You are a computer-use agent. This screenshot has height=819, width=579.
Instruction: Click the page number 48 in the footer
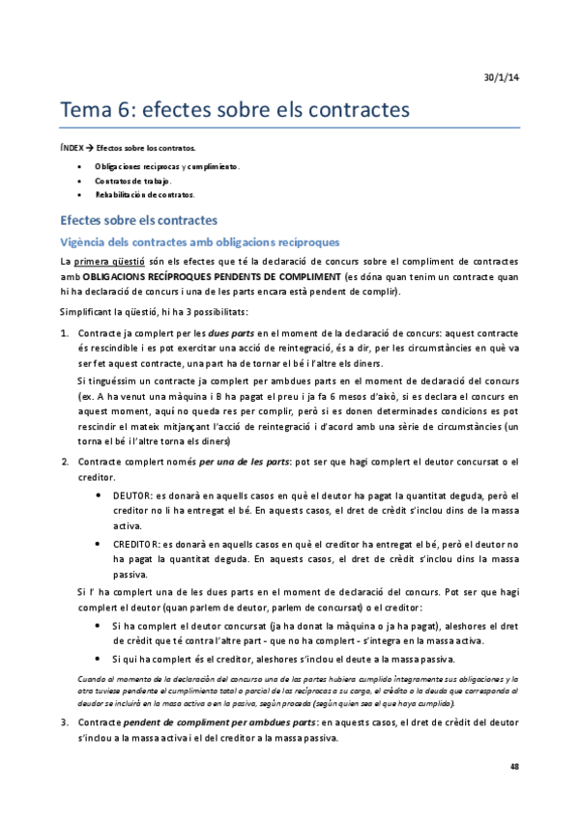tap(513, 766)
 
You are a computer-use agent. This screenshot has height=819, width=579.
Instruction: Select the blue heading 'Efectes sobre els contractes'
tap(138, 220)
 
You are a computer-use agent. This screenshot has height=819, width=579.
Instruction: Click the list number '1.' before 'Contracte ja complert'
tap(65, 333)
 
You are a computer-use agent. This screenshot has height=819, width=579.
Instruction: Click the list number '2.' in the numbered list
tap(65, 463)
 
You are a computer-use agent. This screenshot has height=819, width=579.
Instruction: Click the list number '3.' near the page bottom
tap(65, 722)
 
